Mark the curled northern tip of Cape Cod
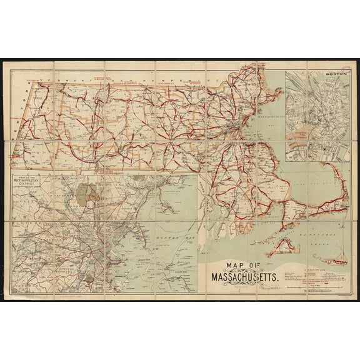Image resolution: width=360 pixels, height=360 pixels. (x=326, y=166)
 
